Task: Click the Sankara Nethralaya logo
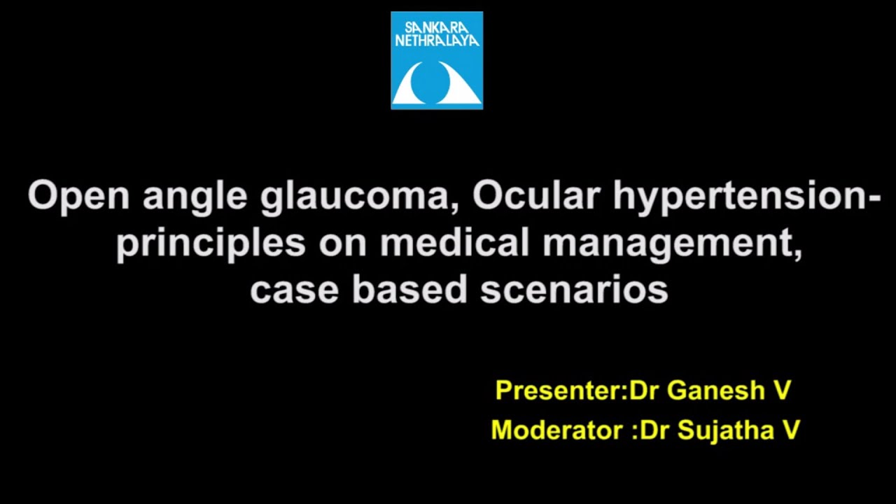(x=437, y=60)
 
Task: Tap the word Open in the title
(x=78, y=196)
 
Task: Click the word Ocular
(x=536, y=196)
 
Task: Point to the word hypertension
(x=746, y=196)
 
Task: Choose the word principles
(x=211, y=243)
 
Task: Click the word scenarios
(x=574, y=290)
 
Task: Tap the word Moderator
(x=557, y=429)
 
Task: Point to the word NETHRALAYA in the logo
(x=437, y=41)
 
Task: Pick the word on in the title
(x=342, y=243)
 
